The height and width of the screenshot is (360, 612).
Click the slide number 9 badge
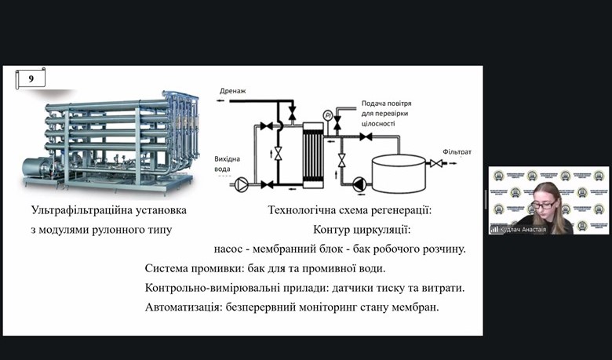pos(30,78)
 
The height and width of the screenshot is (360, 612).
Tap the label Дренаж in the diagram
pos(232,92)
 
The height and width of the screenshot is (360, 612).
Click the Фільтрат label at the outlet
pos(457,151)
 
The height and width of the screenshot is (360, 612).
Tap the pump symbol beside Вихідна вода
pos(243,185)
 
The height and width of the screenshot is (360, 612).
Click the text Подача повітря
pos(385,104)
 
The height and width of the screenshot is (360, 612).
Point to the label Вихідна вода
pos(228,164)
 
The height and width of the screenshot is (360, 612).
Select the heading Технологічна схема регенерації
pos(350,211)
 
